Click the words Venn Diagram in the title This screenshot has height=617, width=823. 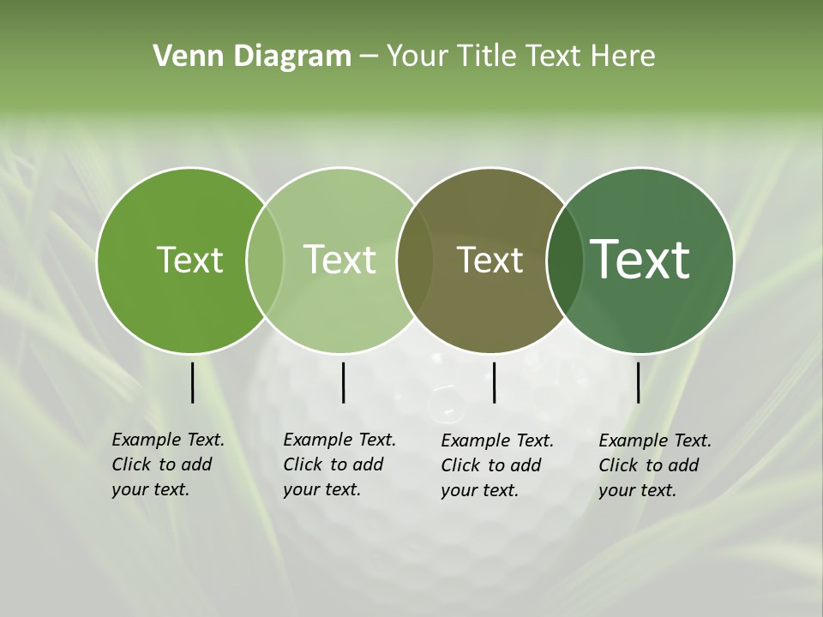pyautogui.click(x=252, y=57)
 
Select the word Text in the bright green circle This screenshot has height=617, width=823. pyautogui.click(x=189, y=260)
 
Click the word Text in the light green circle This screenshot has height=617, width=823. pyautogui.click(x=340, y=260)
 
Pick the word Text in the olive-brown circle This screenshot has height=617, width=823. pyautogui.click(x=490, y=260)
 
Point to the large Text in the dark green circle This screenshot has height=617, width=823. pyautogui.click(x=640, y=260)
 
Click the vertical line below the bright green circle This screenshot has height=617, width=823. pyautogui.click(x=192, y=382)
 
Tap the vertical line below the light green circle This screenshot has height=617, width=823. pyautogui.click(x=343, y=382)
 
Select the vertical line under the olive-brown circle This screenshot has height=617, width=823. pyautogui.click(x=495, y=382)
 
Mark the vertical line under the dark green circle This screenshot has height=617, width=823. pyautogui.click(x=639, y=382)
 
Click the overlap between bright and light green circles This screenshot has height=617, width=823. pyautogui.click(x=265, y=260)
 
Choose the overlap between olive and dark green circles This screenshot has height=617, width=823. pyautogui.click(x=565, y=260)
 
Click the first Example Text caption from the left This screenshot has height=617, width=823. pyautogui.click(x=167, y=464)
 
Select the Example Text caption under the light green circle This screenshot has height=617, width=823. pyautogui.click(x=339, y=464)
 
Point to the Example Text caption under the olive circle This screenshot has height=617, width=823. pyautogui.click(x=496, y=465)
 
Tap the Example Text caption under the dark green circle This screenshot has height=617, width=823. pyautogui.click(x=654, y=465)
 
